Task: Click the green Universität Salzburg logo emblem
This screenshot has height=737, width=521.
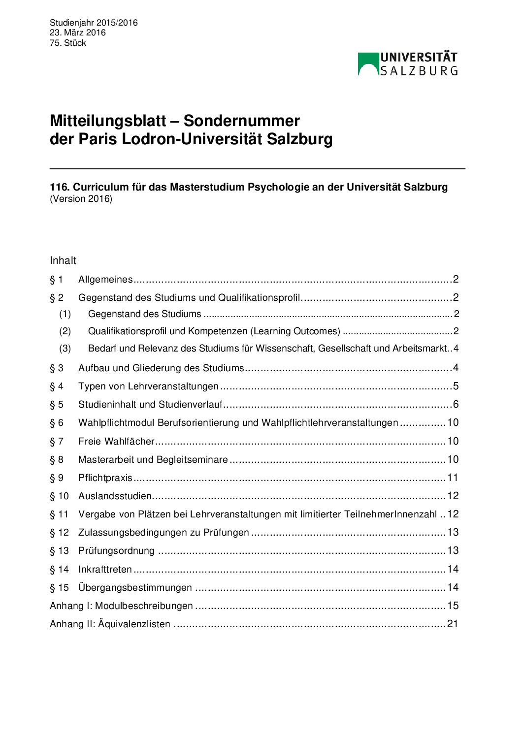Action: [x=368, y=64]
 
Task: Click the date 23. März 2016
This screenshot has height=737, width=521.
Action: [x=77, y=32]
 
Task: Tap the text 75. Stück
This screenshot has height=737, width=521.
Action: [x=68, y=43]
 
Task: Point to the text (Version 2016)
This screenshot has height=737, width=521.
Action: [x=81, y=199]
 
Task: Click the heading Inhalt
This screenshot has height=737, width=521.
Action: [x=63, y=260]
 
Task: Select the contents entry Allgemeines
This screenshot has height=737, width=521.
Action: [x=105, y=280]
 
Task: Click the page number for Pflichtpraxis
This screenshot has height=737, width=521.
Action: [x=453, y=478]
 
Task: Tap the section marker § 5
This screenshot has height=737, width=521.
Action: [x=57, y=405]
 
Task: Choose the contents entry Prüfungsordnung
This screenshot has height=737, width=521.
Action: [x=116, y=550]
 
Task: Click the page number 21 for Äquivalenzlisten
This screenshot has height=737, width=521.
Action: [x=453, y=624]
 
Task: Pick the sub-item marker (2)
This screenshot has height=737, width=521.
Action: [x=65, y=331]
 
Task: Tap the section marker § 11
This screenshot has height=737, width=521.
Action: [x=59, y=514]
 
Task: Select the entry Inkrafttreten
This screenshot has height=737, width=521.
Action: [x=105, y=569]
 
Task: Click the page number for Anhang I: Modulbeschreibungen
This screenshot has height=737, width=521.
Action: [x=453, y=606]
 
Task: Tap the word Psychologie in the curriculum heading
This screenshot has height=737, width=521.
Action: [x=278, y=187]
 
